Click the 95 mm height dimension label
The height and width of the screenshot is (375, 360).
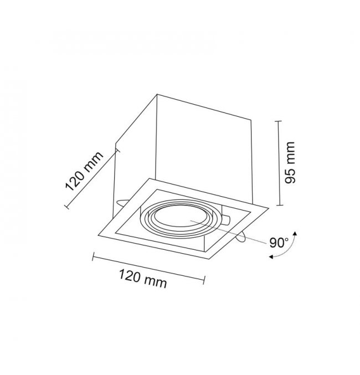click(x=290, y=163)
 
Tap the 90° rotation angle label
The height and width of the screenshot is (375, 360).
click(x=279, y=243)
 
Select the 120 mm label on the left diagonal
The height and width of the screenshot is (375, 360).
click(x=84, y=172)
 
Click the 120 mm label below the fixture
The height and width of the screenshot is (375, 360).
click(x=142, y=279)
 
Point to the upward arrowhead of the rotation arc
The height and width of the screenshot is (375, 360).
click(x=295, y=233)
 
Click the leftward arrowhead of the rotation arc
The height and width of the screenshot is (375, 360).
click(x=271, y=257)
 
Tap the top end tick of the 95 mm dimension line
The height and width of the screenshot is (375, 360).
click(x=277, y=121)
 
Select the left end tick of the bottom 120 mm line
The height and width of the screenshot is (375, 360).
click(x=93, y=256)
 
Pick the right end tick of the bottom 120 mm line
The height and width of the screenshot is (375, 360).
click(x=204, y=280)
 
